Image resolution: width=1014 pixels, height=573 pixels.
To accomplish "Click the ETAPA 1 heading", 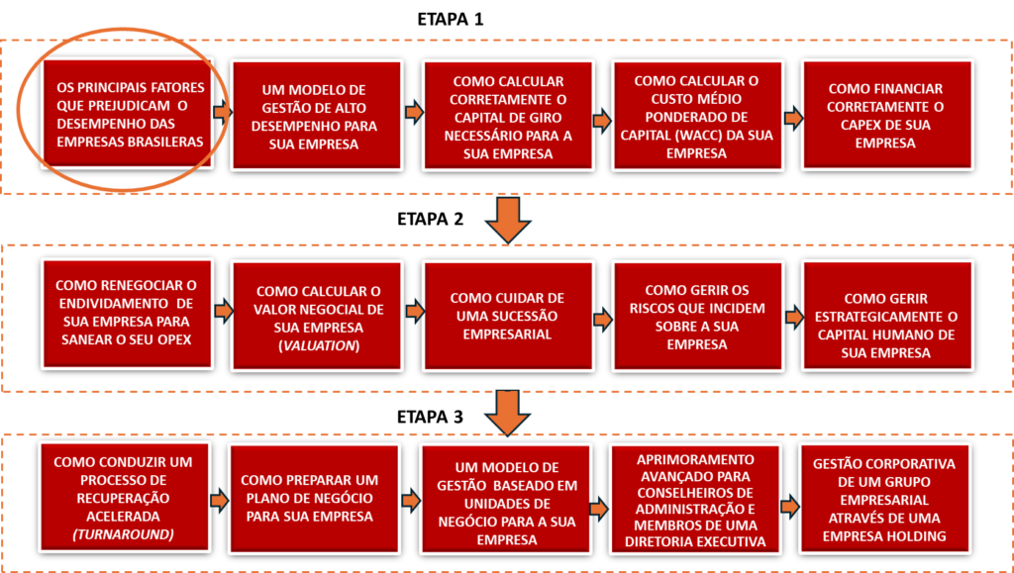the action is coord(451,19).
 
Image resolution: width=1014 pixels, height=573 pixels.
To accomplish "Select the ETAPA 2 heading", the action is coord(430,219).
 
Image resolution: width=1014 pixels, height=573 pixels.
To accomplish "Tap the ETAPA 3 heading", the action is coord(430,417).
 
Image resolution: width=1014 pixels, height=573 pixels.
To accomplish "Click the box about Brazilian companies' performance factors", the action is coord(128,115).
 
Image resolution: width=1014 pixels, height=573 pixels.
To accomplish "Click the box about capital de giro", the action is coord(508,115).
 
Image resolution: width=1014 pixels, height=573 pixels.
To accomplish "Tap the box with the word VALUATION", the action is coord(318,315).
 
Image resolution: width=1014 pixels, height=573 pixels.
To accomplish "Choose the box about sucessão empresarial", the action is coord(508,315).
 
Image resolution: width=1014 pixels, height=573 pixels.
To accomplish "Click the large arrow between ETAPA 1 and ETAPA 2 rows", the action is coord(508,220).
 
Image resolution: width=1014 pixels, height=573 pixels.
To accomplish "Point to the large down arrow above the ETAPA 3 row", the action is coord(508,415).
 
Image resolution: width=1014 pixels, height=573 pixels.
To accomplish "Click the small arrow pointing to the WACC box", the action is coord(603,120).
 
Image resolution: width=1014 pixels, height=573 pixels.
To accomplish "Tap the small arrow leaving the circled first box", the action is coord(223,113).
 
